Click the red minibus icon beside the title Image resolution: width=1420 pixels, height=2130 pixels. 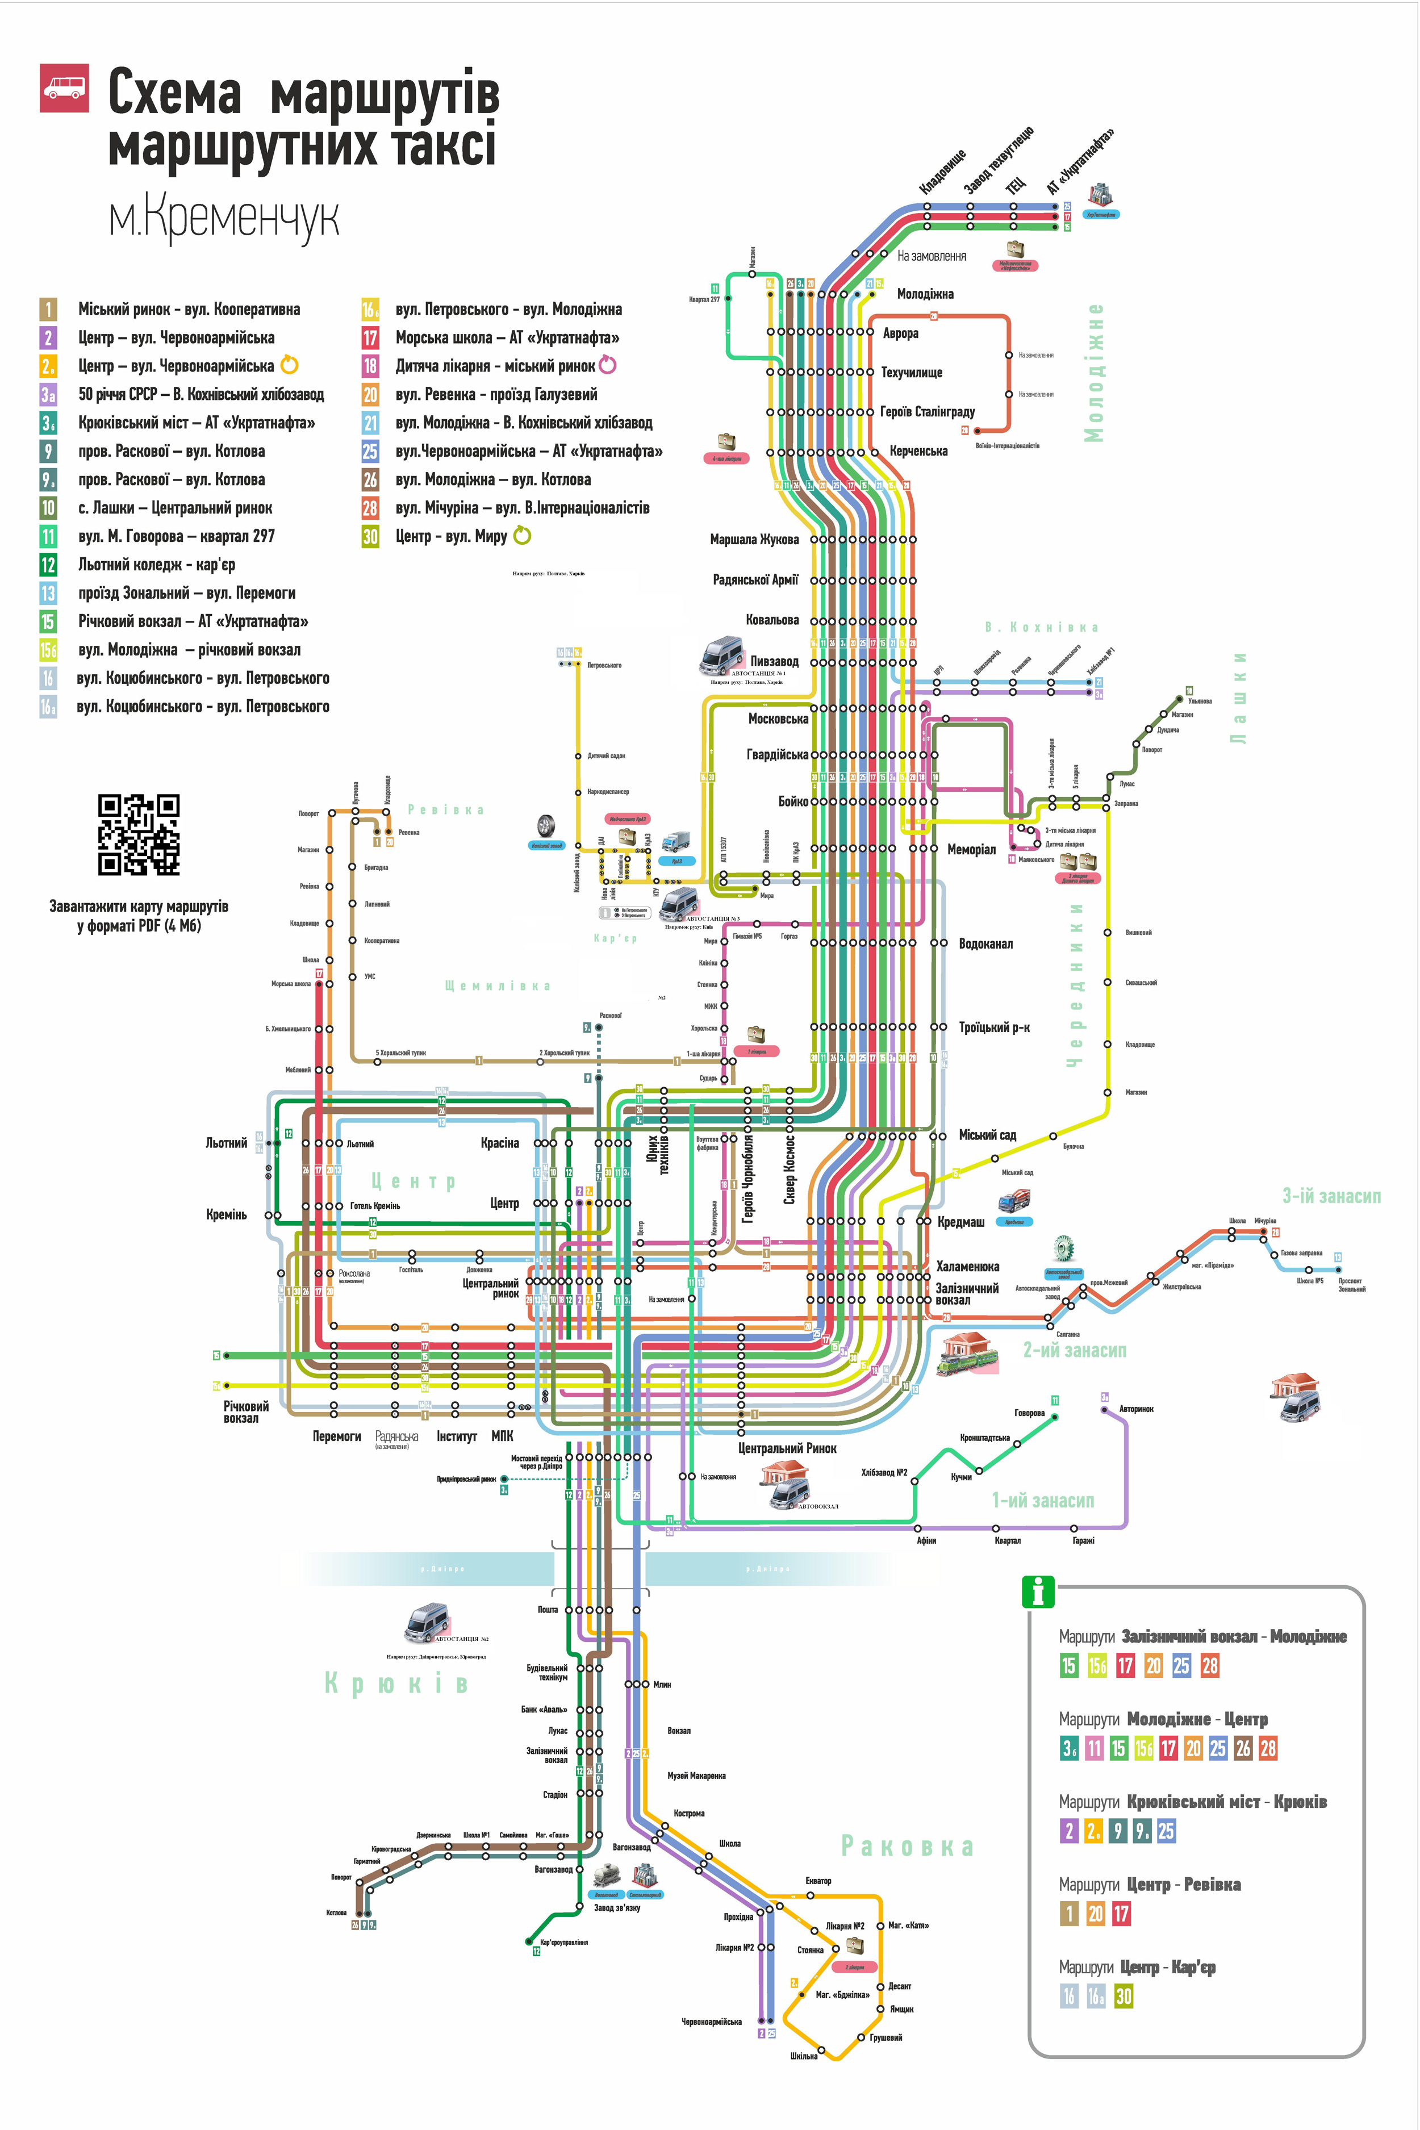(x=64, y=88)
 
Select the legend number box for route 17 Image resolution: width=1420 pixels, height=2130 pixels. (x=370, y=338)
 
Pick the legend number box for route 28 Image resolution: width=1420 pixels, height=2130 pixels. (x=370, y=508)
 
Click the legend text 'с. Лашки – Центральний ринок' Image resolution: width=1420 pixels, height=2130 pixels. (x=175, y=508)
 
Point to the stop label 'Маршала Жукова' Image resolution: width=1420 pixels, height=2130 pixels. (x=754, y=540)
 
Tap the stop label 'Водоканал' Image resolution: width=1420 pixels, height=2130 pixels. (x=985, y=943)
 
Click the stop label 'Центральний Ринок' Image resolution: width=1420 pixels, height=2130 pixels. (x=787, y=1448)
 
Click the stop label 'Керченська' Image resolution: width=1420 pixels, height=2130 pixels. (x=918, y=451)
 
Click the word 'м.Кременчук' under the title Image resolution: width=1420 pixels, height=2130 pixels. (x=224, y=218)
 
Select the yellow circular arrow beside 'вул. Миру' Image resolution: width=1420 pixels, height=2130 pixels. (x=523, y=536)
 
